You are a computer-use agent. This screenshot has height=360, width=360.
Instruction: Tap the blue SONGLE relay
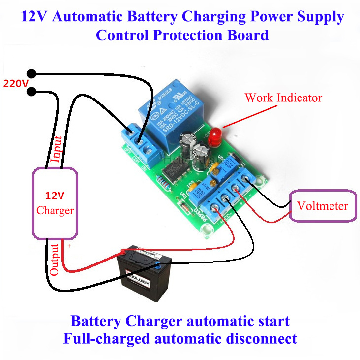[170, 115]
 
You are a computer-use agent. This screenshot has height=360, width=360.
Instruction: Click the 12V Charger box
[55, 203]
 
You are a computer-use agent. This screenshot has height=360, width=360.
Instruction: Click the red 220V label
[16, 83]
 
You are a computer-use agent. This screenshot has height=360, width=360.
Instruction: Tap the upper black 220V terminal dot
[32, 74]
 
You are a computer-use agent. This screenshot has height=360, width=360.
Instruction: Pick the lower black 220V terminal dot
[32, 91]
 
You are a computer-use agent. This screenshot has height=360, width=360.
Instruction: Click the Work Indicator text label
[283, 98]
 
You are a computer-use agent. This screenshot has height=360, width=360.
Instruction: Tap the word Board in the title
[248, 35]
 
